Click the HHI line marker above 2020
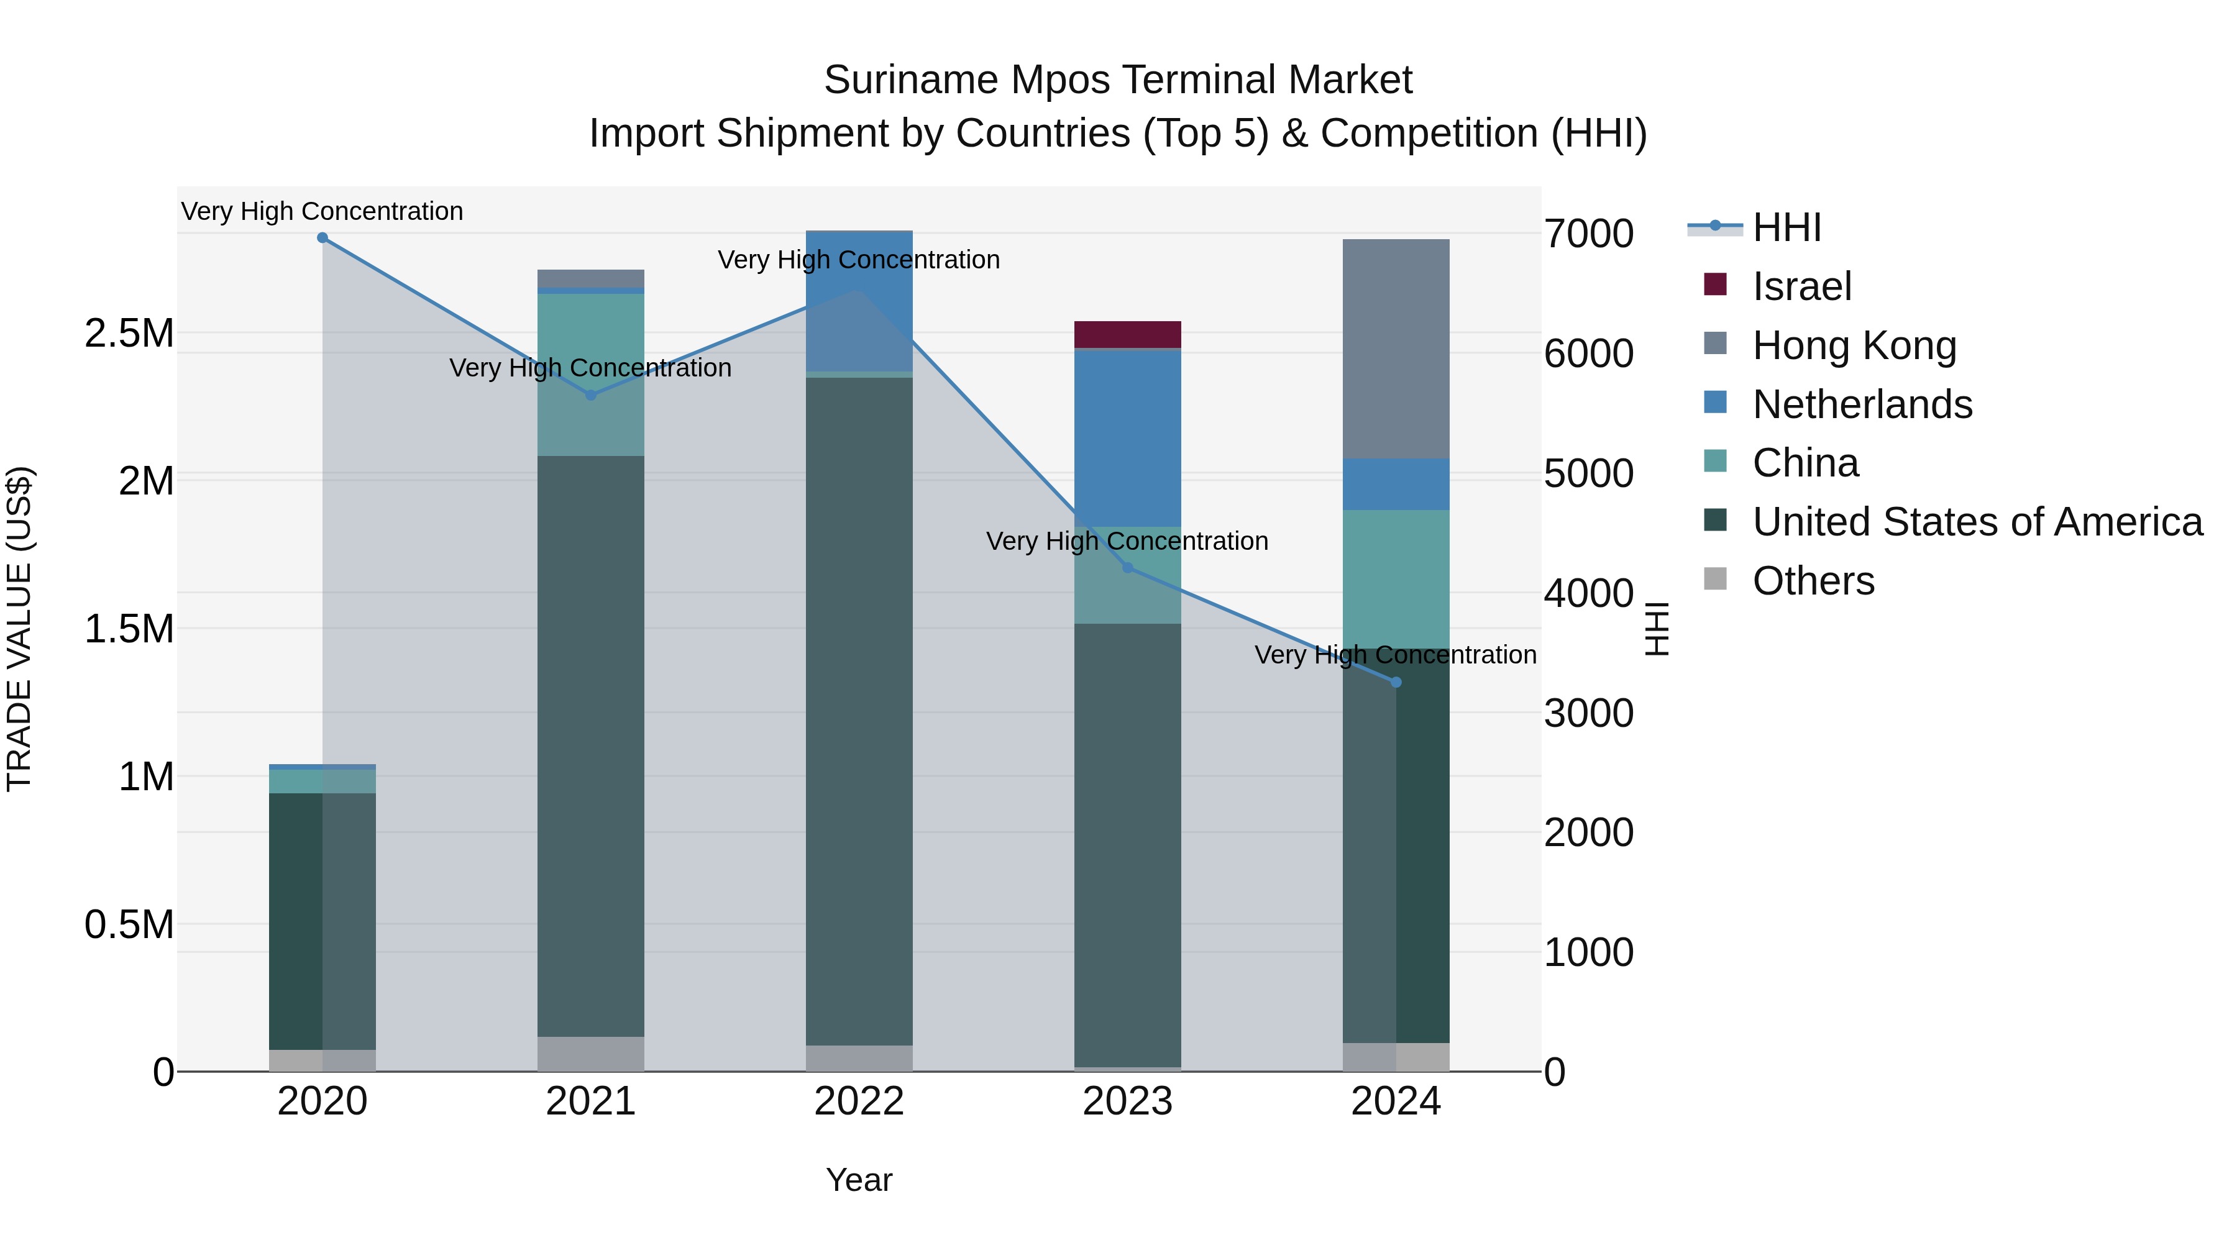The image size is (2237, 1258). tap(322, 238)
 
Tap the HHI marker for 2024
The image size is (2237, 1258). tap(1396, 682)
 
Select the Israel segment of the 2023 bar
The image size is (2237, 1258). tap(1127, 334)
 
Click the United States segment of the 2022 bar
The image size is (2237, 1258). tap(859, 711)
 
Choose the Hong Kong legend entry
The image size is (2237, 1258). tap(1854, 345)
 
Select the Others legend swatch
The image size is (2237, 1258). tap(1715, 579)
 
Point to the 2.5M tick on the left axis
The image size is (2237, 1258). tap(129, 334)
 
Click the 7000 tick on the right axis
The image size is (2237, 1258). tap(1588, 234)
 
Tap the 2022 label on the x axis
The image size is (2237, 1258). tap(859, 1101)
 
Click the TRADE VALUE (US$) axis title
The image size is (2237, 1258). tap(19, 629)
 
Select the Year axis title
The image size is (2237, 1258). tap(859, 1180)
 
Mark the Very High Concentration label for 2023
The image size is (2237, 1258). tap(1127, 541)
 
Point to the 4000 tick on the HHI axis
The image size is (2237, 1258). tap(1588, 594)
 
